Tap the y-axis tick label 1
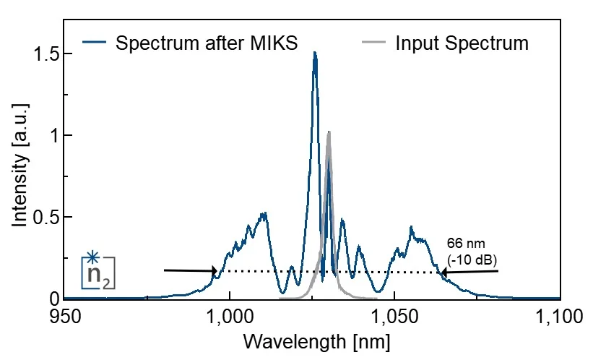coord(48,136)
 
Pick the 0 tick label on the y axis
coord(48,299)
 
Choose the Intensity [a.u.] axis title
coord(20,176)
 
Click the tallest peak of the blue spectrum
coord(315,53)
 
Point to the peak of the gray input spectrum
coord(329,132)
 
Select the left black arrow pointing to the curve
coord(189,271)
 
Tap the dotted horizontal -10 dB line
coord(325,272)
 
